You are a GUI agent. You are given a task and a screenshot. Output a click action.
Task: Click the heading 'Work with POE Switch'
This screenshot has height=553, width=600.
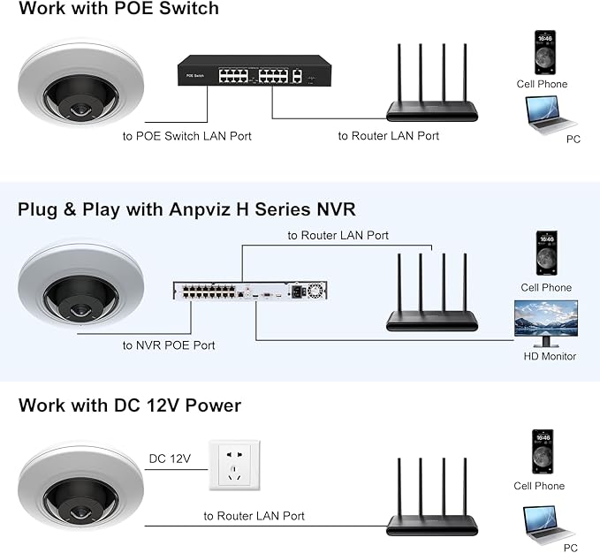tap(118, 10)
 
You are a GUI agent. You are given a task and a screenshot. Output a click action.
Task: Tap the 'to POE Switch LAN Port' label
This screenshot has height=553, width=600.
tap(186, 136)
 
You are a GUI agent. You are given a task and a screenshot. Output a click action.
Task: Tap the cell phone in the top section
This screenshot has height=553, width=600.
tap(545, 53)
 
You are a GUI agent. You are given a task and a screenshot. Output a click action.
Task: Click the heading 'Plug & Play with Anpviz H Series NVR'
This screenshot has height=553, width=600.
tap(186, 209)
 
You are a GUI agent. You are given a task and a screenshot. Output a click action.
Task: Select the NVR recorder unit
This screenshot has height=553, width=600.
tap(249, 292)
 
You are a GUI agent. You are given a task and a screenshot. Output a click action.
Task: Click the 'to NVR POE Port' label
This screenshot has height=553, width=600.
tap(168, 345)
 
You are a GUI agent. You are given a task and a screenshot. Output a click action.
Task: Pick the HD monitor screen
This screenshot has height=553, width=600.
tap(546, 321)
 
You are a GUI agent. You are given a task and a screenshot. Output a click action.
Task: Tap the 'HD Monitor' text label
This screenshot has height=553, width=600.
tap(550, 357)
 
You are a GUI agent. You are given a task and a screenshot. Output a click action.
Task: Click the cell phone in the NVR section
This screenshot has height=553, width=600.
tap(546, 254)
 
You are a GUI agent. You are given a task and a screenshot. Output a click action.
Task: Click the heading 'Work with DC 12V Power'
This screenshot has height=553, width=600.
tap(129, 405)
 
